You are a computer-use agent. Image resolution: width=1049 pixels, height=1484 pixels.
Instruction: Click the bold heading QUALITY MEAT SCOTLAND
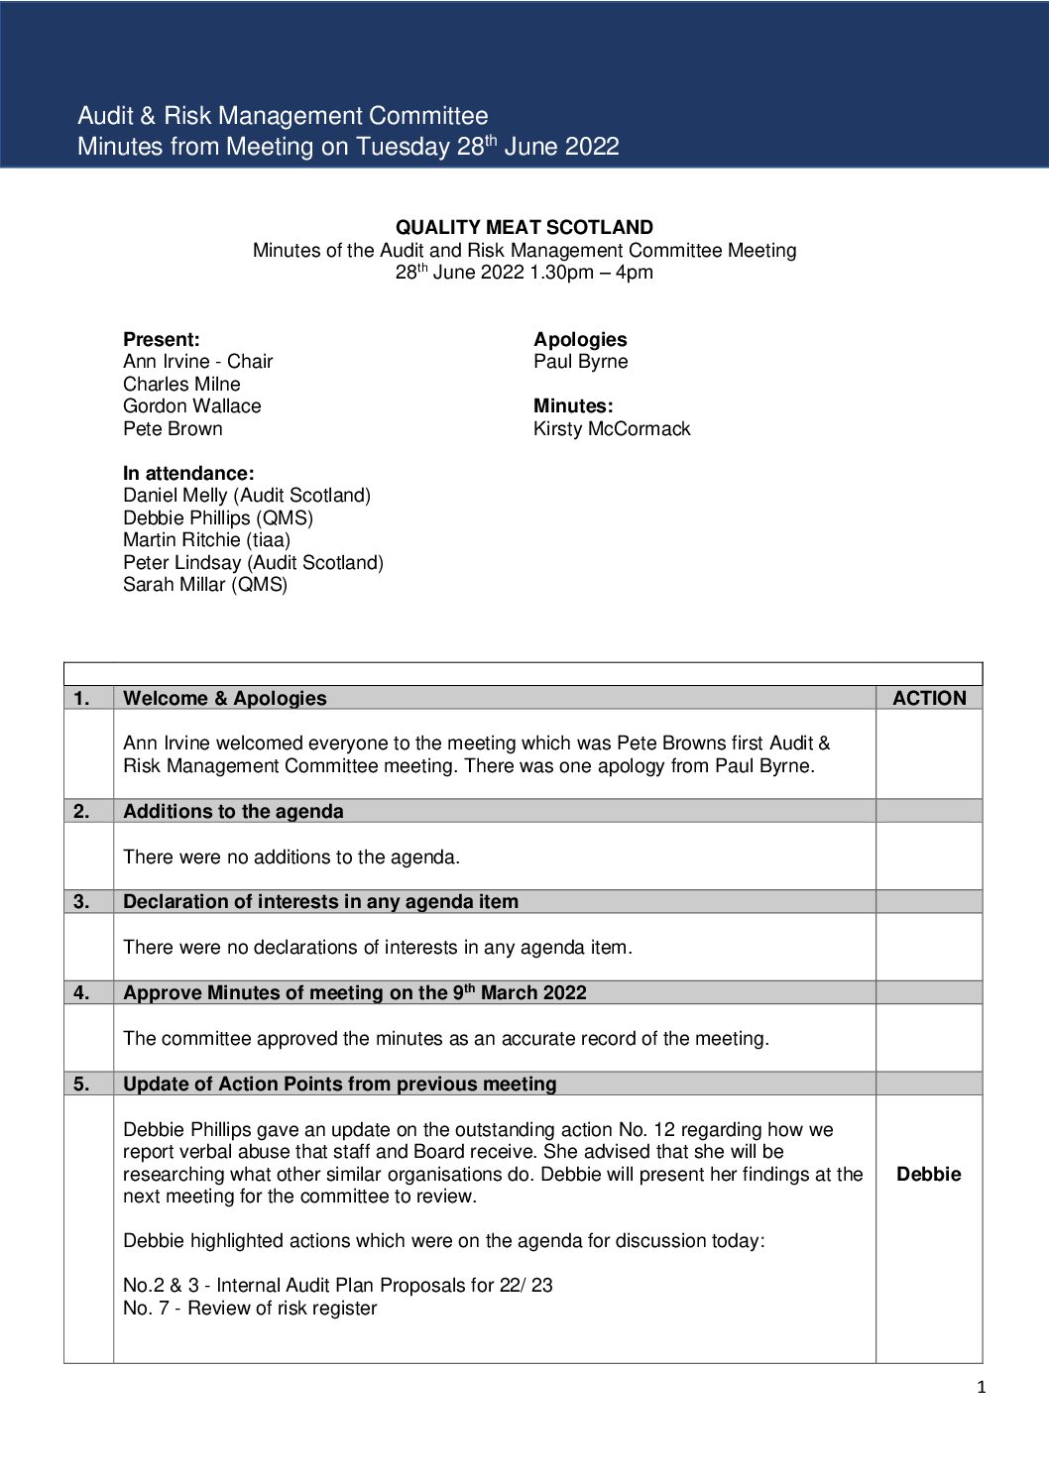[x=524, y=227]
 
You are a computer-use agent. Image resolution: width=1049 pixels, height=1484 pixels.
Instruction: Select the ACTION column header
[x=928, y=698]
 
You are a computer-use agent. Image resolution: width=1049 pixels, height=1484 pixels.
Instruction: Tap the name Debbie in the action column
[x=928, y=1174]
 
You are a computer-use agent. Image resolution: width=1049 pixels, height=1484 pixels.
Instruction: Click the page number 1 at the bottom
[x=981, y=1387]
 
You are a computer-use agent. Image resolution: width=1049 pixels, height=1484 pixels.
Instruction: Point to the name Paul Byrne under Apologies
[x=580, y=362]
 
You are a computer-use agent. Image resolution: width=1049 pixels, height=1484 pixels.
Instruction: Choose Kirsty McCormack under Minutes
[x=611, y=428]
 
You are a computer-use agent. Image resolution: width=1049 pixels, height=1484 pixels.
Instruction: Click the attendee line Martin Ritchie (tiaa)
[x=206, y=539]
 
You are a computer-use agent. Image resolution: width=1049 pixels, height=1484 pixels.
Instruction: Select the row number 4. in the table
[x=81, y=992]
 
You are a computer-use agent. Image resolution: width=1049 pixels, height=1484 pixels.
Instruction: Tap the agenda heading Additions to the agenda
[x=233, y=811]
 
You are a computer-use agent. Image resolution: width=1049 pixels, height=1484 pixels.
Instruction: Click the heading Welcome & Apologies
[x=224, y=698]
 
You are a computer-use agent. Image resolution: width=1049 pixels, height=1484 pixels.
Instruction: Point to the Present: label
[x=161, y=339]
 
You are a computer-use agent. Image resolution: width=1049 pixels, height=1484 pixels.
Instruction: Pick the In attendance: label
[x=188, y=473]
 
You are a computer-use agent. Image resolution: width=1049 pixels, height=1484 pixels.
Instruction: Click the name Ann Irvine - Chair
[x=197, y=362]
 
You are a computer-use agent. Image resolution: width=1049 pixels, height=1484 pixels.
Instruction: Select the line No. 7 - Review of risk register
[x=250, y=1308]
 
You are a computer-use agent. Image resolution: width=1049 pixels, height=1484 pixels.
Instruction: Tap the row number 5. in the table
[x=81, y=1084]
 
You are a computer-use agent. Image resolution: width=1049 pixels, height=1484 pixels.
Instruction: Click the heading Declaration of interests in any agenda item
[x=320, y=901]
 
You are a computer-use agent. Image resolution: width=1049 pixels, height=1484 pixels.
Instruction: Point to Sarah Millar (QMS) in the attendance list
[x=204, y=584]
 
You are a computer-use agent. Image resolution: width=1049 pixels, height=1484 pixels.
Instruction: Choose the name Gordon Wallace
[x=191, y=405]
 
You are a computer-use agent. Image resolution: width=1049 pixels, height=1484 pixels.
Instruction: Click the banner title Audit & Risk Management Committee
[x=283, y=116]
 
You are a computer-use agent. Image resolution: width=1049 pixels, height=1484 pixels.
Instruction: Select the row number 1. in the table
[x=81, y=698]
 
